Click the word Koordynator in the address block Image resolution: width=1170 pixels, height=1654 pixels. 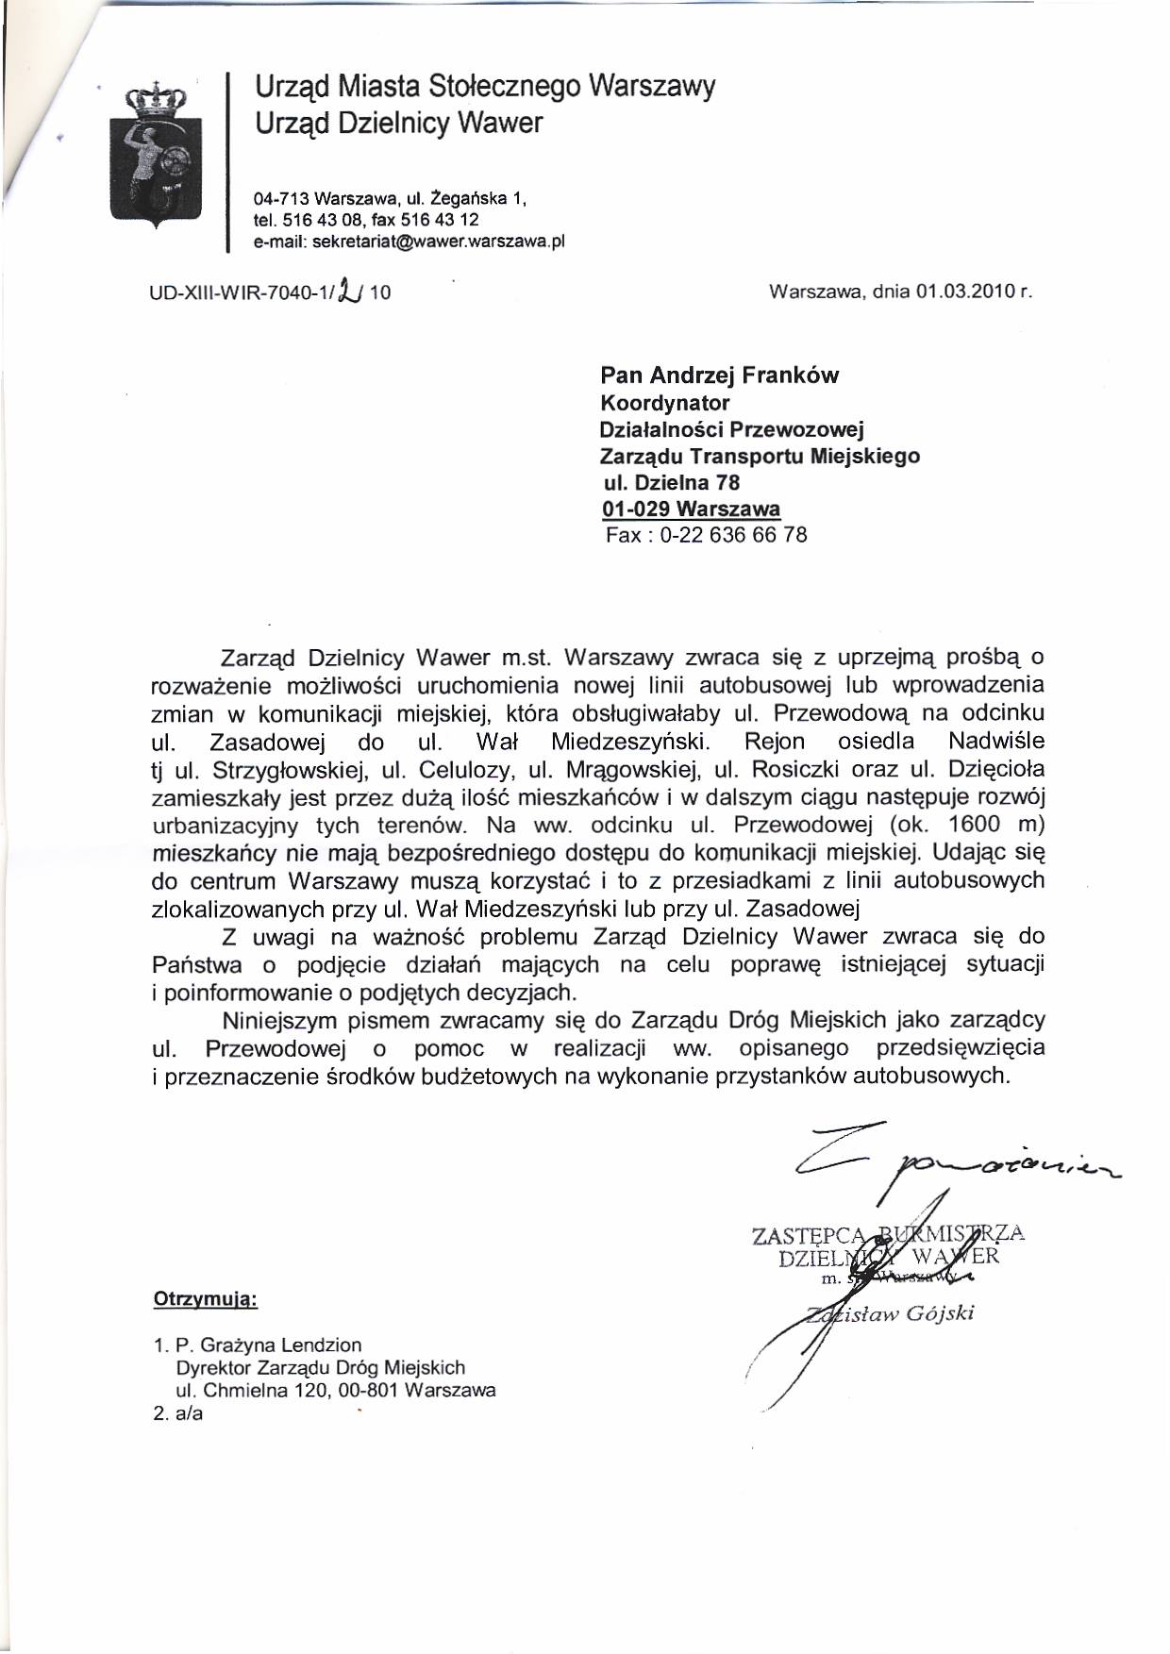(664, 403)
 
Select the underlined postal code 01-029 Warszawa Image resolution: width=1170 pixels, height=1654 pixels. (691, 510)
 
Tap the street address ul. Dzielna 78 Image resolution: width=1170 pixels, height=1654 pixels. (672, 483)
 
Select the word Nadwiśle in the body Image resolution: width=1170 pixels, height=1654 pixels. (996, 741)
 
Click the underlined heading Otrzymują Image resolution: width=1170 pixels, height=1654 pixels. (205, 1300)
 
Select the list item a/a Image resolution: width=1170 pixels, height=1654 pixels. (189, 1413)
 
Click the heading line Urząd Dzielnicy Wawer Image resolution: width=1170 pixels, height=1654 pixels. (398, 124)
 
